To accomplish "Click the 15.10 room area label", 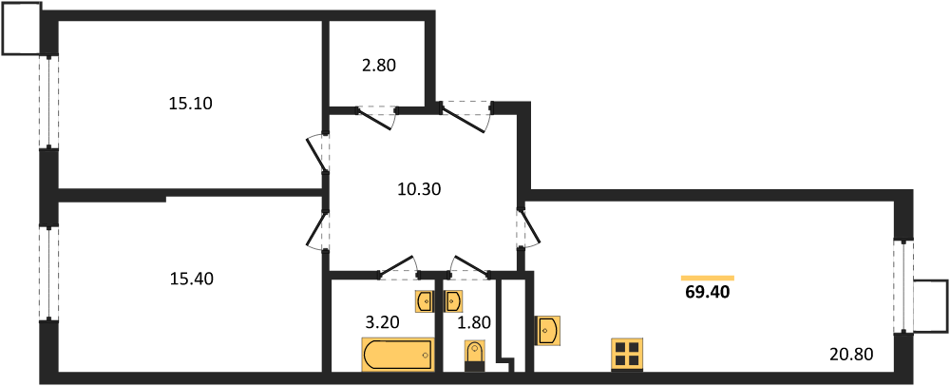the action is (x=190, y=104).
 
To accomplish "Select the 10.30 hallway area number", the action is (x=419, y=189).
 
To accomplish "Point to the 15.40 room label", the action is (x=192, y=280).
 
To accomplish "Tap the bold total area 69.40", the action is (x=708, y=293).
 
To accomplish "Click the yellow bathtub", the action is (x=399, y=354).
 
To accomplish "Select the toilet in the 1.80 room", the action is (x=474, y=356).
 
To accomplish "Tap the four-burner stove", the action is (x=627, y=354).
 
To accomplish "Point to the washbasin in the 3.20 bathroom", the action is (x=424, y=300).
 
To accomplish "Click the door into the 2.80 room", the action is (x=376, y=117).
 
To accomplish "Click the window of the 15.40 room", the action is (x=49, y=272).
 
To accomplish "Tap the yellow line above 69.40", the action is (x=708, y=279).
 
